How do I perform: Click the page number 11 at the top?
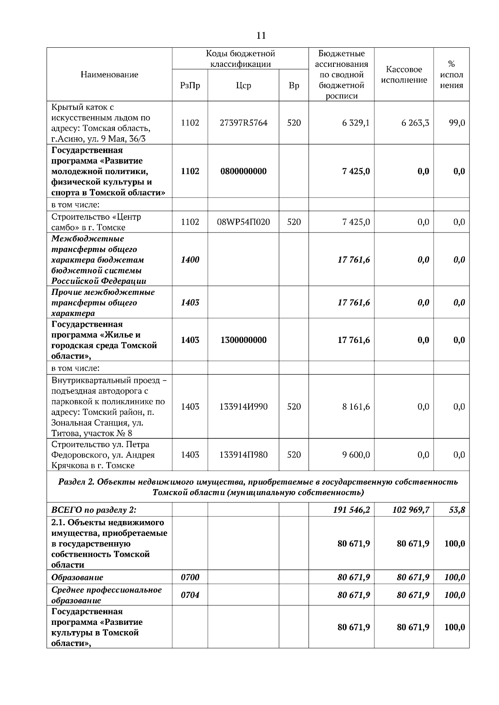pos(261,36)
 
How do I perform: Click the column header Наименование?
pos(109,75)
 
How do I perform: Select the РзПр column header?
pos(190,86)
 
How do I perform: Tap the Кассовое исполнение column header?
pos(404,75)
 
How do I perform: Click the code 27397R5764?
pos(243,123)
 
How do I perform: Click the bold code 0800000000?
pos(243,171)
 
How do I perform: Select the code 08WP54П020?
pos(243,222)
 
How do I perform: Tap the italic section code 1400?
pos(190,260)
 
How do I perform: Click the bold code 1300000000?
pos(243,340)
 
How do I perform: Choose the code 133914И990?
pos(243,407)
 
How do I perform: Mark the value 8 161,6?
pos(356,407)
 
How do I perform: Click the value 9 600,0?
pos(356,455)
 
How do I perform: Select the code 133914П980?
pos(243,455)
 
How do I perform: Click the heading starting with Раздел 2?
pos(258,487)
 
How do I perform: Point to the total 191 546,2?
pos(351,510)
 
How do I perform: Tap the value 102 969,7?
pos(411,510)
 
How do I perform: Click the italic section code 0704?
pos(190,595)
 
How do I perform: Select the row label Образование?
pos(77,578)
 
